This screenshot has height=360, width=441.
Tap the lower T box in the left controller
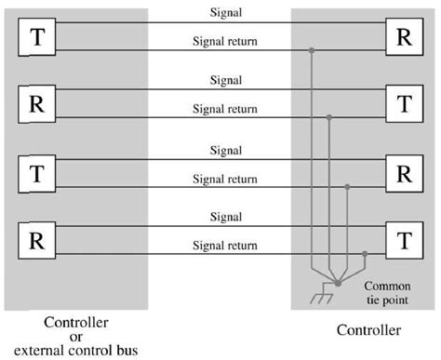coord(37,172)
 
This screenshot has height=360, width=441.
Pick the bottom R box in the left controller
coord(37,241)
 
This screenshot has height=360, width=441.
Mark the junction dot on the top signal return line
coord(311,49)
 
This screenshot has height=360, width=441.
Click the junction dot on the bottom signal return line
coord(365,254)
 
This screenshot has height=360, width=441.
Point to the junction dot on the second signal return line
coord(328,117)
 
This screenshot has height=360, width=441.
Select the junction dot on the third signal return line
coord(347,186)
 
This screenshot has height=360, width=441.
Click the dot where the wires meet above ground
coord(338,282)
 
